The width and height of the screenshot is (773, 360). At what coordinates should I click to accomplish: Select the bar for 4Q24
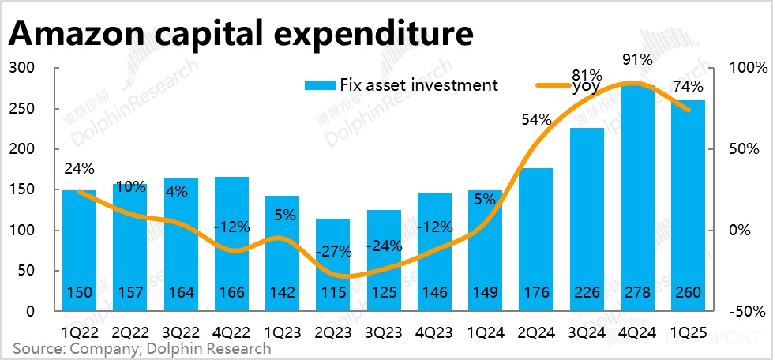(637, 197)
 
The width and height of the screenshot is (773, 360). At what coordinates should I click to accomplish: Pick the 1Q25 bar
(688, 205)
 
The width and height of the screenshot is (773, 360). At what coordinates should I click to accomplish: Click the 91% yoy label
(636, 60)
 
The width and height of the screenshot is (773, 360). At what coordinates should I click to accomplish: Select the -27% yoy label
(332, 252)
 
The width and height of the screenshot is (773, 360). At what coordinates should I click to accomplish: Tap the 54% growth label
(535, 120)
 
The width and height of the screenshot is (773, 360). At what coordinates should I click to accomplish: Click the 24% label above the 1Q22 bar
(79, 168)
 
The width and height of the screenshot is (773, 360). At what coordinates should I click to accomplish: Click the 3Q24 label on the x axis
(586, 332)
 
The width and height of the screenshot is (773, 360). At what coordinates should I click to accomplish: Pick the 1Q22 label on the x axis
(78, 332)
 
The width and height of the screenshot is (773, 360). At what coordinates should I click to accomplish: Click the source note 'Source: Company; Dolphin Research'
(141, 348)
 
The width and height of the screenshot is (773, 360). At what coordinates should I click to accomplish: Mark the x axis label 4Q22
(231, 332)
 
